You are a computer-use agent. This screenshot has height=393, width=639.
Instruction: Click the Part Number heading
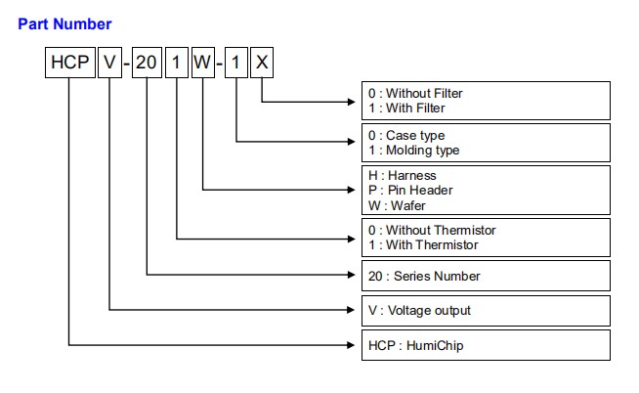[x=64, y=23]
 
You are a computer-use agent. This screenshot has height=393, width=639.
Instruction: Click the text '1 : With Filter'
[x=408, y=108]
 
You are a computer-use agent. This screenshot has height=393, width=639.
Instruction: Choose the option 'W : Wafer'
[x=396, y=204]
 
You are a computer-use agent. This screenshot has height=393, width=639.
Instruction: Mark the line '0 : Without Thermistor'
[x=432, y=230]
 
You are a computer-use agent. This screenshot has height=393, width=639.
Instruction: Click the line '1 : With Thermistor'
[x=424, y=244]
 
